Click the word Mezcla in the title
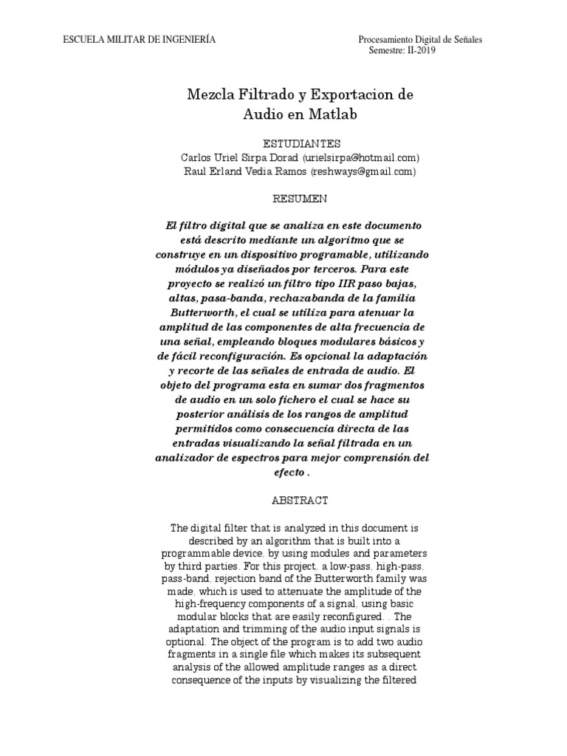click(211, 96)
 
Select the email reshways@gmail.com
click(364, 171)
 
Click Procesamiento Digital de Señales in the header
click(420, 39)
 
